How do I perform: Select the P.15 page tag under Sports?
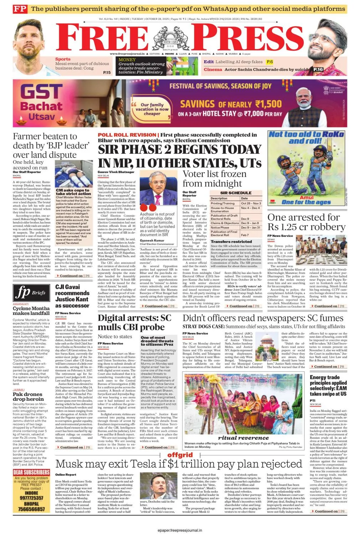107,72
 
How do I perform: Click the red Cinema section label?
213,70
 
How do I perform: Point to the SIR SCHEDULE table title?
236,193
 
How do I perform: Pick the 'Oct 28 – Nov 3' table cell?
251,203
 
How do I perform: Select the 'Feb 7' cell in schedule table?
245,235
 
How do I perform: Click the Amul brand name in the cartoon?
307,197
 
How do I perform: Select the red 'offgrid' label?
180,455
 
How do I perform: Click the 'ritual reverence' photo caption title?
243,438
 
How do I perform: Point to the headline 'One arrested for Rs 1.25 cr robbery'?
306,222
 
